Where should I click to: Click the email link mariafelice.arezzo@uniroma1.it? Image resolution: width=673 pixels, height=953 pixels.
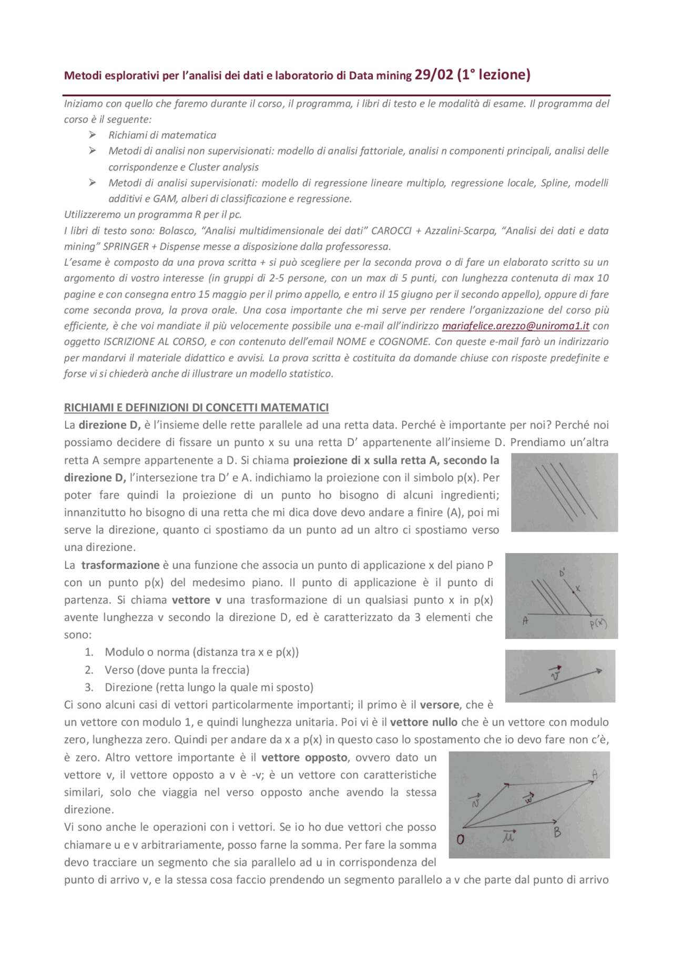[515, 326]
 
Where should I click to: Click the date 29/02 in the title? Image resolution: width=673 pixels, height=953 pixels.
[433, 75]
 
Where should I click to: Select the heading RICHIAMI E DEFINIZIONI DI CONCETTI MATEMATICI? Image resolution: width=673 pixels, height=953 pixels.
[196, 408]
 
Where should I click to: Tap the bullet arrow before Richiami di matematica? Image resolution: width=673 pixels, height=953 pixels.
[93, 135]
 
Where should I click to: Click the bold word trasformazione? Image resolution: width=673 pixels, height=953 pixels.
[120, 565]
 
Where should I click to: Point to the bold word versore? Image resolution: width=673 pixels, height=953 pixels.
[441, 705]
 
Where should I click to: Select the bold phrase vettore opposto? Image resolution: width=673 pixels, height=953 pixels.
[304, 757]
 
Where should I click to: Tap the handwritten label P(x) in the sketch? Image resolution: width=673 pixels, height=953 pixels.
[598, 625]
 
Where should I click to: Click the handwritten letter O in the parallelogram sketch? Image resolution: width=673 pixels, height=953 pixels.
[461, 839]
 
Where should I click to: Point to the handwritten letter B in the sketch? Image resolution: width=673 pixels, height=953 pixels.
[557, 832]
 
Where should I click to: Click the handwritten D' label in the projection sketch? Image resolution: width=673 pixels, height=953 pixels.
[562, 573]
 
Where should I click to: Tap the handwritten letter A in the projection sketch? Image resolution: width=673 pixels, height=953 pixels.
[525, 621]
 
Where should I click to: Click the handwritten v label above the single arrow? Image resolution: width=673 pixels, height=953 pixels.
[555, 674]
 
